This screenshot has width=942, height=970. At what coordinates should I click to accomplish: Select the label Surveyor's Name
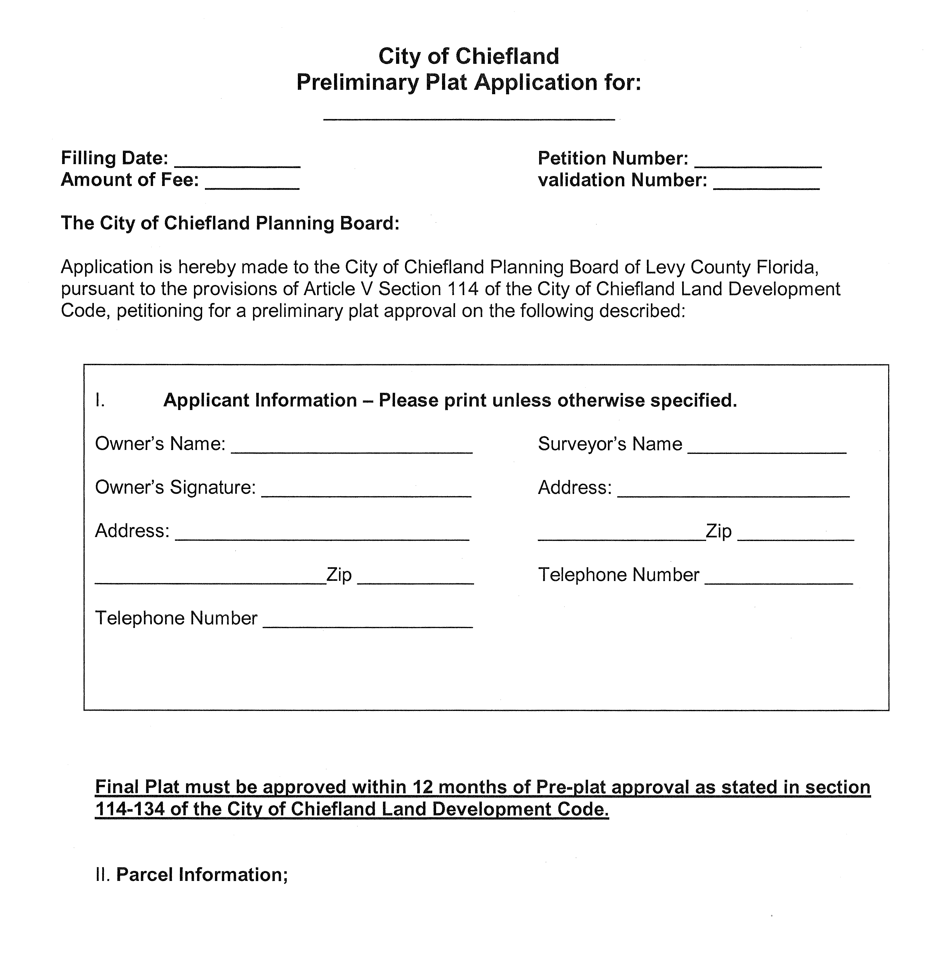(x=610, y=444)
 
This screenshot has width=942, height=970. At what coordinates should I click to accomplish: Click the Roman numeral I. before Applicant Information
(x=100, y=400)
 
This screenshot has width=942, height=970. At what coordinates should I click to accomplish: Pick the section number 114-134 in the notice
(x=130, y=809)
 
